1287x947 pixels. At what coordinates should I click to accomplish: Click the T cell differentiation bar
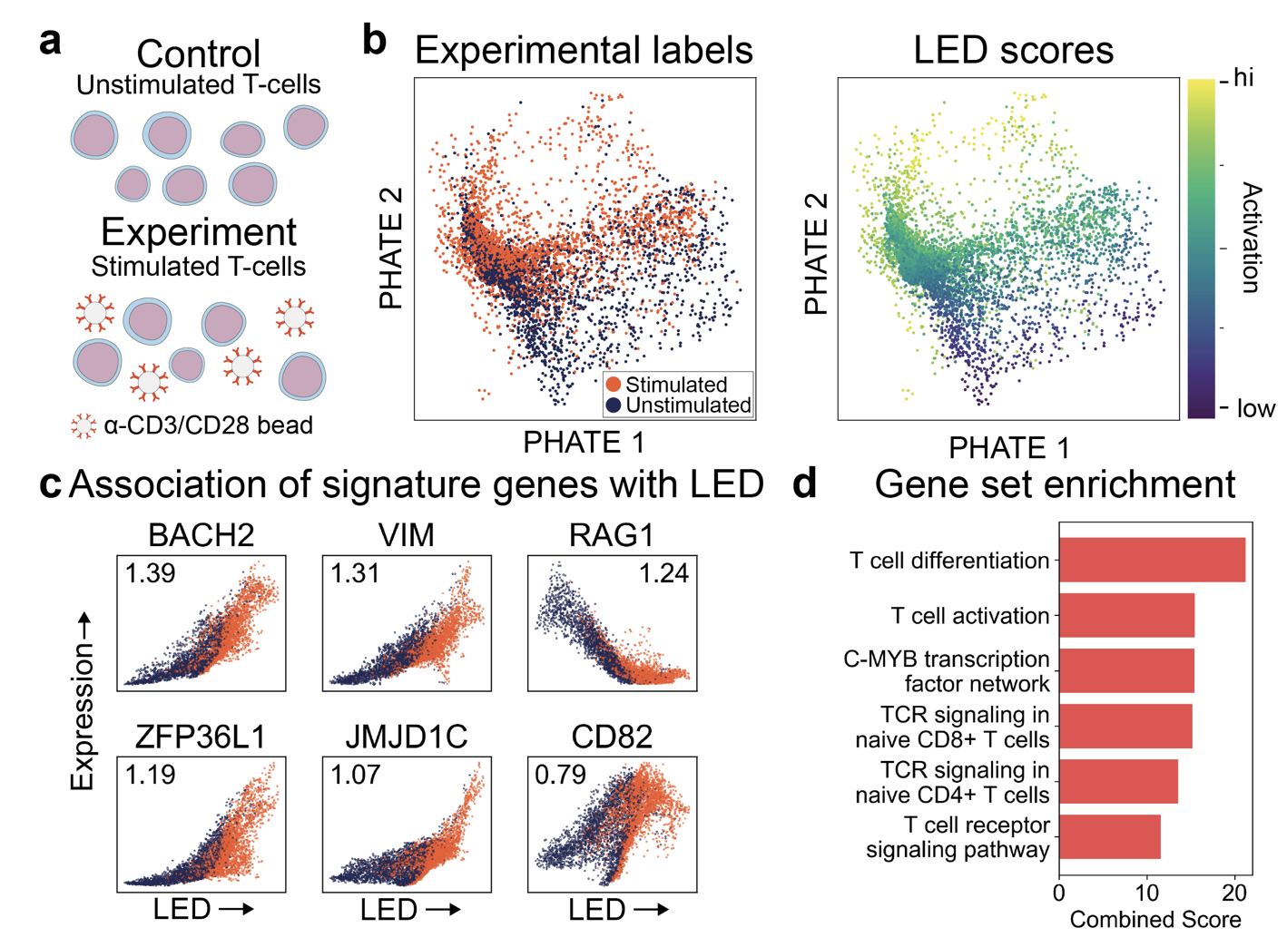coord(1151,560)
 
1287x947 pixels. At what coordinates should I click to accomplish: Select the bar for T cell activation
coord(1125,615)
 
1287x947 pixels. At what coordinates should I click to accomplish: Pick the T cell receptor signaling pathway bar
coord(1109,836)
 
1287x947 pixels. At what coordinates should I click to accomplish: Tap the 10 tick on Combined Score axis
coord(1147,893)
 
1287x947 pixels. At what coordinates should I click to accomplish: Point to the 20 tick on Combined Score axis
coord(1234,893)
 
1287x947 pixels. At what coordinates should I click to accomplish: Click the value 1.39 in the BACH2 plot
coord(151,573)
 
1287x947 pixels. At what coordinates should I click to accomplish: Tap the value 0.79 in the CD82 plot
coord(560,776)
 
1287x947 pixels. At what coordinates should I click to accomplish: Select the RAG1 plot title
coord(612,535)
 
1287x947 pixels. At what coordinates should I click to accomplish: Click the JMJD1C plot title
coord(406,737)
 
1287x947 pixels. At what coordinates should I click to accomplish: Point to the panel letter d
coord(804,484)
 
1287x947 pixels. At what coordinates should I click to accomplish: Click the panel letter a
coord(51,42)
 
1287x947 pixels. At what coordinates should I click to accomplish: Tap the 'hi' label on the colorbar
coord(1243,78)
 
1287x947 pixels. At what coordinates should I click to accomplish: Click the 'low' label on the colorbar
coord(1255,409)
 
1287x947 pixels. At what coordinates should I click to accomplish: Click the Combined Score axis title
coord(1154,920)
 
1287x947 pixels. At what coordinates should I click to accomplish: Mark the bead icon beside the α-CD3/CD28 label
coord(84,426)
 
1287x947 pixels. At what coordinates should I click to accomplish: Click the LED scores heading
coord(1013,50)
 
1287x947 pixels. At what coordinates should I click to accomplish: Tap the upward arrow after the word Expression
coord(84,626)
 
